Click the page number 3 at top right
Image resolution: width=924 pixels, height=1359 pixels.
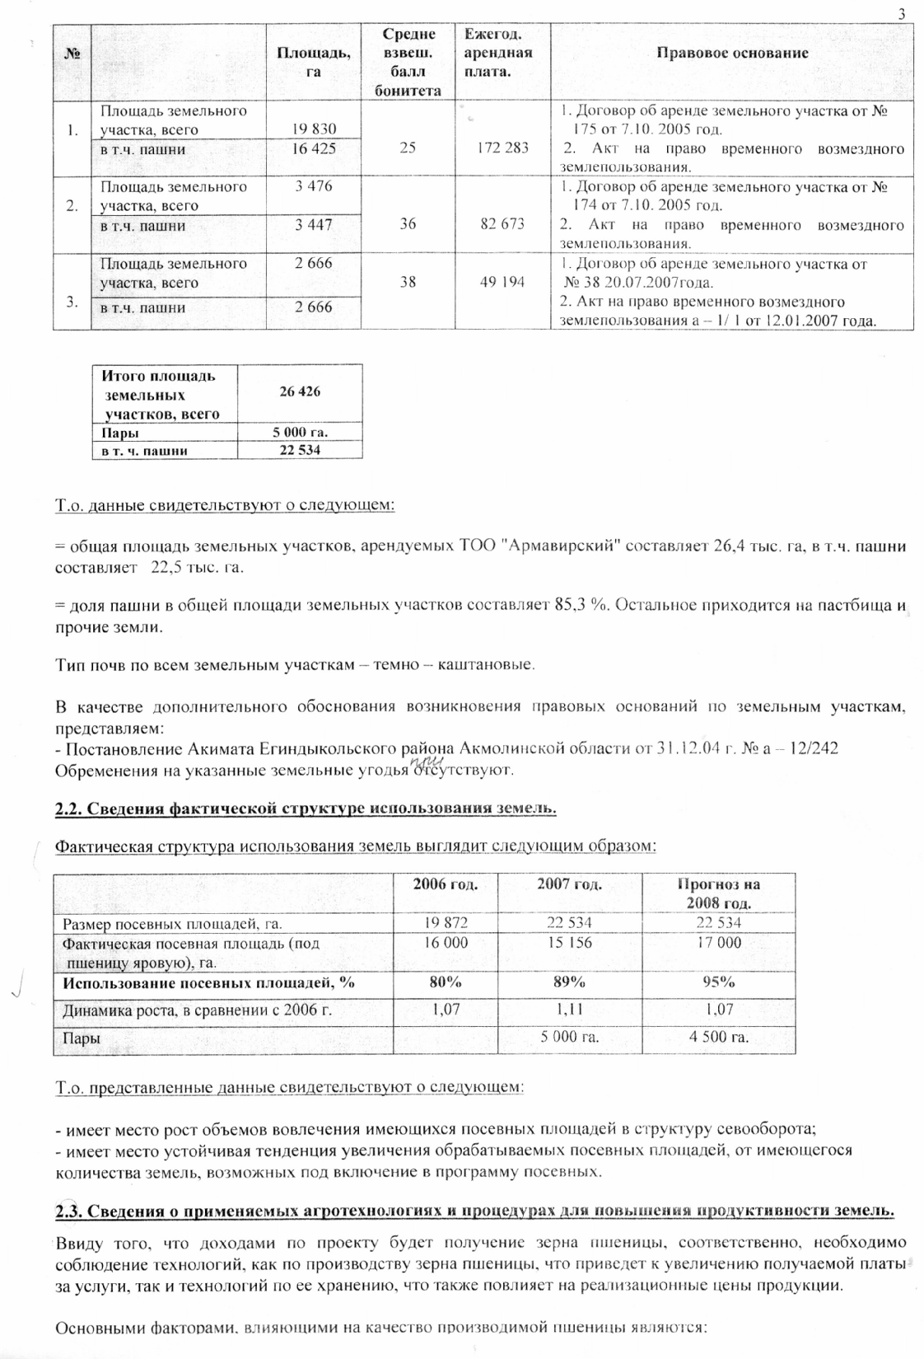(902, 14)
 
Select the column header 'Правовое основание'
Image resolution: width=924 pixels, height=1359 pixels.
(732, 53)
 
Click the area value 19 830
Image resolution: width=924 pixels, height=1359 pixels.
(314, 129)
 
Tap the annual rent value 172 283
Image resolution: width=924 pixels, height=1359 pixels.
(502, 148)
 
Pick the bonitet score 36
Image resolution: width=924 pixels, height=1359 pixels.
(408, 224)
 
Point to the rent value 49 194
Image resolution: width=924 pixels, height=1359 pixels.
(502, 282)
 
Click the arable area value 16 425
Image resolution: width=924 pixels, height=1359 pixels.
(314, 149)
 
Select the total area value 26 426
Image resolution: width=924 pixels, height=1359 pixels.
(300, 391)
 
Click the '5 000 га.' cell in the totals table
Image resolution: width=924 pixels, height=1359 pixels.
(300, 433)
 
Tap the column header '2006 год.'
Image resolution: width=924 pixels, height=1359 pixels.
(446, 884)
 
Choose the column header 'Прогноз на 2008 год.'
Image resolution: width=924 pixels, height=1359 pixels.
(718, 893)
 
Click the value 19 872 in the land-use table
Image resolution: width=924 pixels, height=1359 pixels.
(446, 923)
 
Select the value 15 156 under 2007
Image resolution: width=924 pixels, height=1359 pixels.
(569, 942)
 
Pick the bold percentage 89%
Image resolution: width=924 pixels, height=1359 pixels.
(569, 982)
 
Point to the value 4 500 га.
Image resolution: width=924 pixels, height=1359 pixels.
(718, 1037)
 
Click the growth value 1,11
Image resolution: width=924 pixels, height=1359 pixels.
(569, 1009)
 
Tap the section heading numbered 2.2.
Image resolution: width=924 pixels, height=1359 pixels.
(306, 808)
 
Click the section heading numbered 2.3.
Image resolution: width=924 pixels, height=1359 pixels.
(474, 1211)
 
